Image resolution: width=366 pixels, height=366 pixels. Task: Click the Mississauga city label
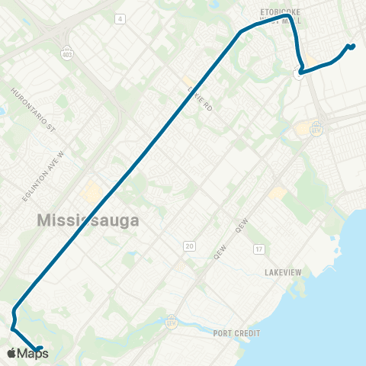pyautogui.click(x=88, y=220)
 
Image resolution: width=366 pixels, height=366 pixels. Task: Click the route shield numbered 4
pyautogui.click(x=120, y=18)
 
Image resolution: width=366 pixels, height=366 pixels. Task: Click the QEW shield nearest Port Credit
pyautogui.click(x=171, y=322)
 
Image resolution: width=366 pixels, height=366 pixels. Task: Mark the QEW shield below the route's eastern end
pyautogui.click(x=316, y=127)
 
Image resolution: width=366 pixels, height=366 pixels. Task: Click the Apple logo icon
pyautogui.click(x=11, y=353)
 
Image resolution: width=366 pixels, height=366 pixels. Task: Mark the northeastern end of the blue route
pyautogui.click(x=352, y=47)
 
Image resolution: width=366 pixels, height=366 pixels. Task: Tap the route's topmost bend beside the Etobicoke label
pyautogui.click(x=286, y=16)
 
